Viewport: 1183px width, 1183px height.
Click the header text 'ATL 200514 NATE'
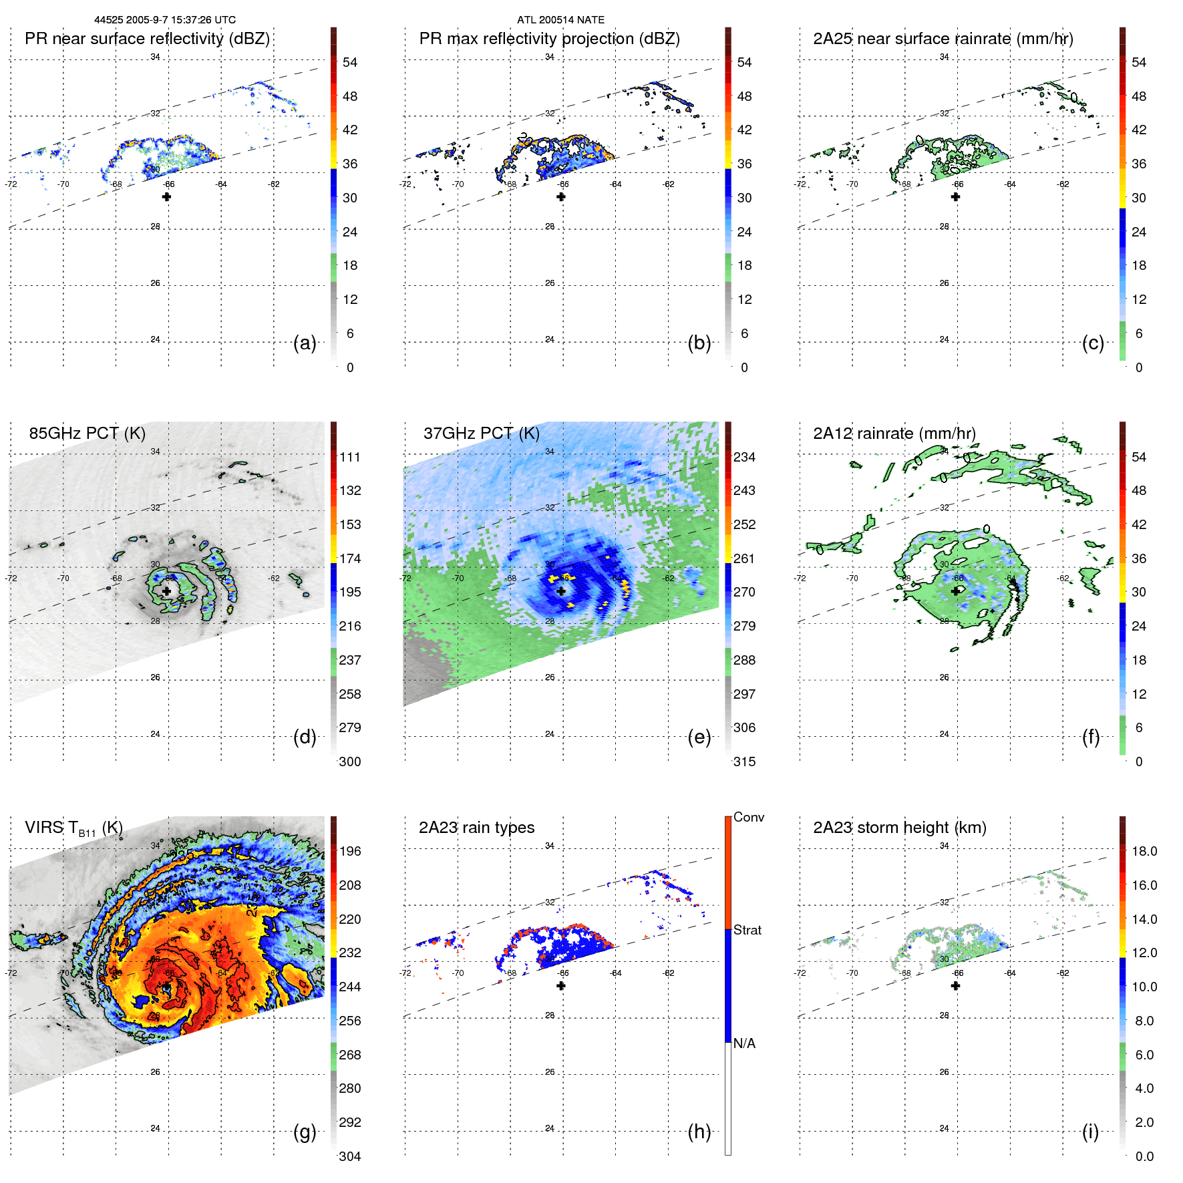[560, 20]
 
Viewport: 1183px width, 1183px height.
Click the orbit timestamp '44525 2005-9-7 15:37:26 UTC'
[164, 20]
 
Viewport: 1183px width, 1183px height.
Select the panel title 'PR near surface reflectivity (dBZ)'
[147, 39]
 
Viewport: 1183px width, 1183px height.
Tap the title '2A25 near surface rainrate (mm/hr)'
[943, 39]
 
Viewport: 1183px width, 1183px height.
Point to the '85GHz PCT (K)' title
[87, 433]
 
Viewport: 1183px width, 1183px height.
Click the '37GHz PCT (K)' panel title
[481, 433]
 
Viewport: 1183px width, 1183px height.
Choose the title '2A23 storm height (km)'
[899, 828]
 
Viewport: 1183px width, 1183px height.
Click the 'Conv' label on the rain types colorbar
[749, 817]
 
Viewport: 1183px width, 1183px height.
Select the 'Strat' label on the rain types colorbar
[747, 930]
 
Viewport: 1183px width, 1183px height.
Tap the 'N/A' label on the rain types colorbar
[744, 1043]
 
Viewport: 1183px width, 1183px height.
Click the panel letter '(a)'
[305, 343]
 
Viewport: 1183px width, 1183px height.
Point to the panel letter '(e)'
[699, 737]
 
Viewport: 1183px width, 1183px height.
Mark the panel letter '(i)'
[1090, 1132]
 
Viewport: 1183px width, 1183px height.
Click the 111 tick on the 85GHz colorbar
[350, 457]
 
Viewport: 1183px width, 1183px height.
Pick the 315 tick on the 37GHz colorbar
[744, 762]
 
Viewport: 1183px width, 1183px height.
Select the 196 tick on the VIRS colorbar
[350, 851]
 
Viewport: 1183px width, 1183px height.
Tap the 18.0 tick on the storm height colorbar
[1144, 851]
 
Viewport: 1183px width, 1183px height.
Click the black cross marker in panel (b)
[561, 196]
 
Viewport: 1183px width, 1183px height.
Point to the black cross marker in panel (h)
[561, 986]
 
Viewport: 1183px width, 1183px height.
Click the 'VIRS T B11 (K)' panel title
[73, 828]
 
